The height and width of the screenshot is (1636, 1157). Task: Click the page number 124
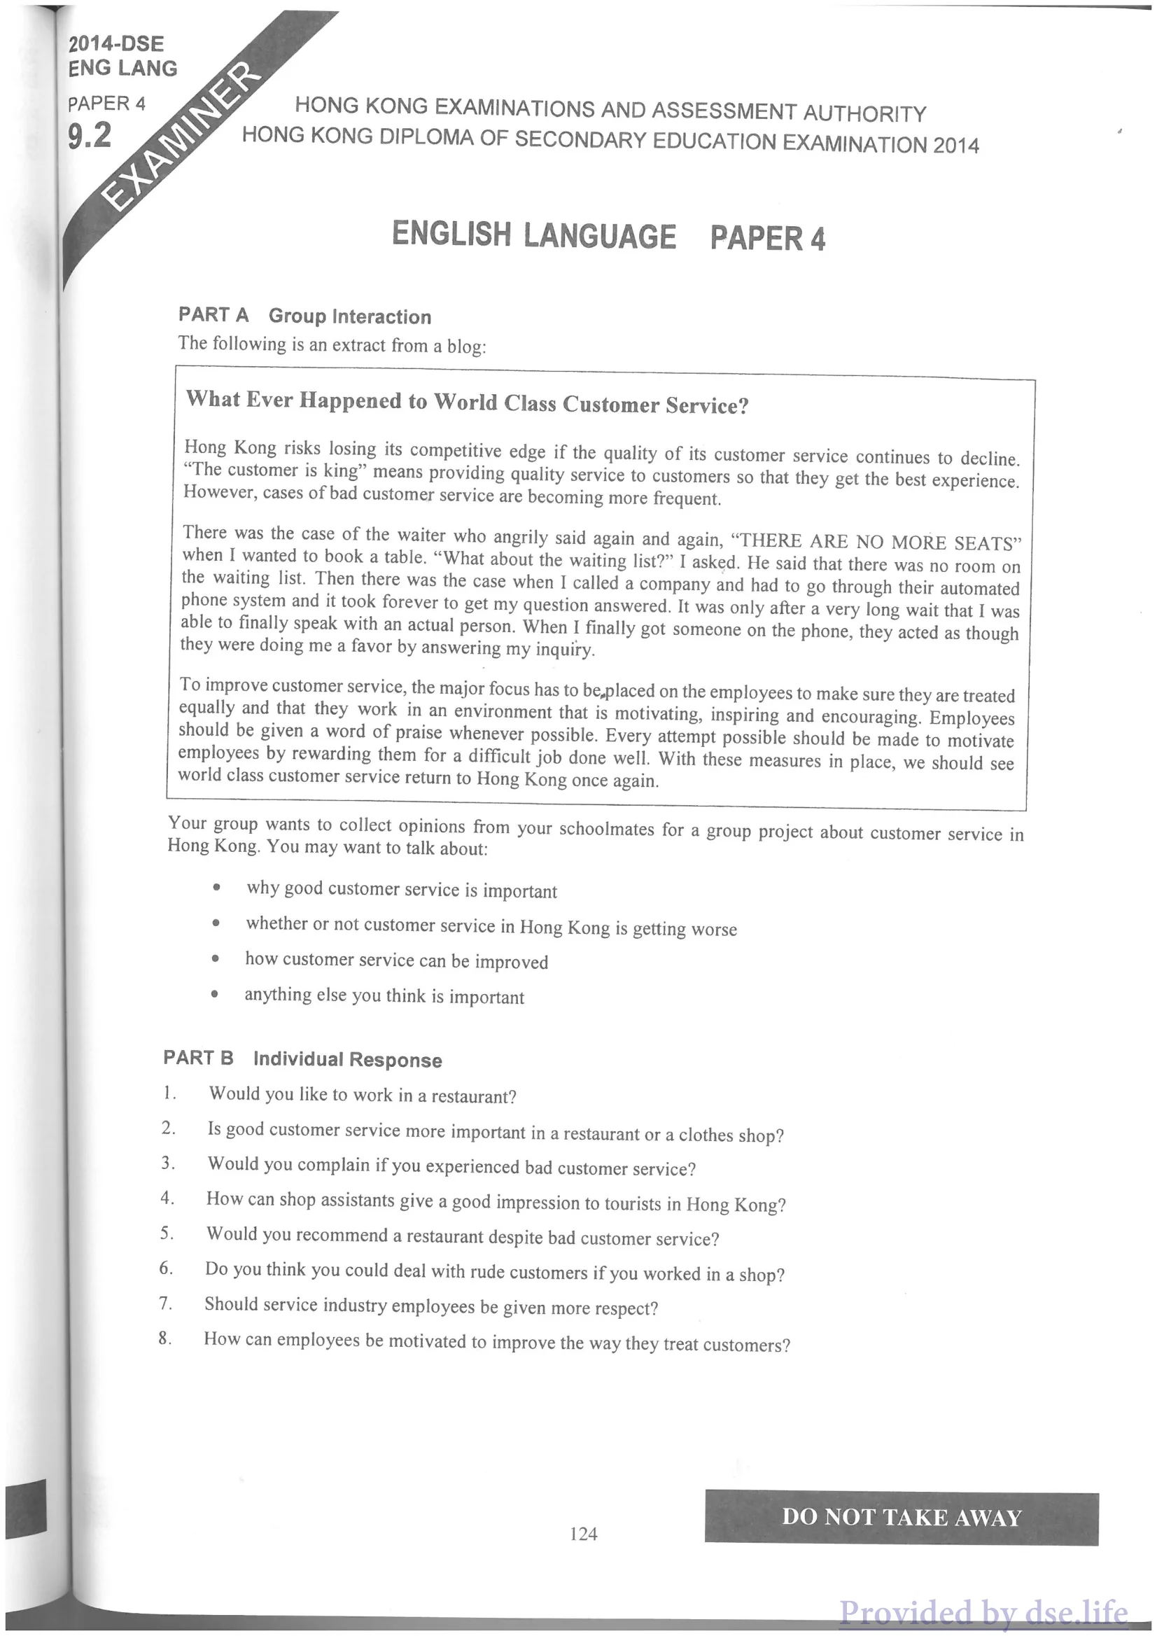point(584,1532)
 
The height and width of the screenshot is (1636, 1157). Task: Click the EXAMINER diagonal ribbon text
point(178,135)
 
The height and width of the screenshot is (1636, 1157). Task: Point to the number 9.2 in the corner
point(90,134)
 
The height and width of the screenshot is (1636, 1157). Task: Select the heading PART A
point(213,314)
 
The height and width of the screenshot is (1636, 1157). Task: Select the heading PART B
point(198,1057)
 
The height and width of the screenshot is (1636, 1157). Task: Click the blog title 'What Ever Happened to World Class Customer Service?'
point(468,403)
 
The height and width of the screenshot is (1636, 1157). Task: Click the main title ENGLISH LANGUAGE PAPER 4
point(608,236)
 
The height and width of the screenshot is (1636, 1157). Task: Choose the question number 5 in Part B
point(167,1233)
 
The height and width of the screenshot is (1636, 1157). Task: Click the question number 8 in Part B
point(164,1338)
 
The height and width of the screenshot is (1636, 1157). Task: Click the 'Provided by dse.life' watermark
point(983,1612)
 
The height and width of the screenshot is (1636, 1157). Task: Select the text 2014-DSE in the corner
point(116,44)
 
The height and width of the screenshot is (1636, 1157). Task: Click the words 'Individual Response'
point(348,1060)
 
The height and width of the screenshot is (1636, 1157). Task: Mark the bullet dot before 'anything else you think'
point(214,994)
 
